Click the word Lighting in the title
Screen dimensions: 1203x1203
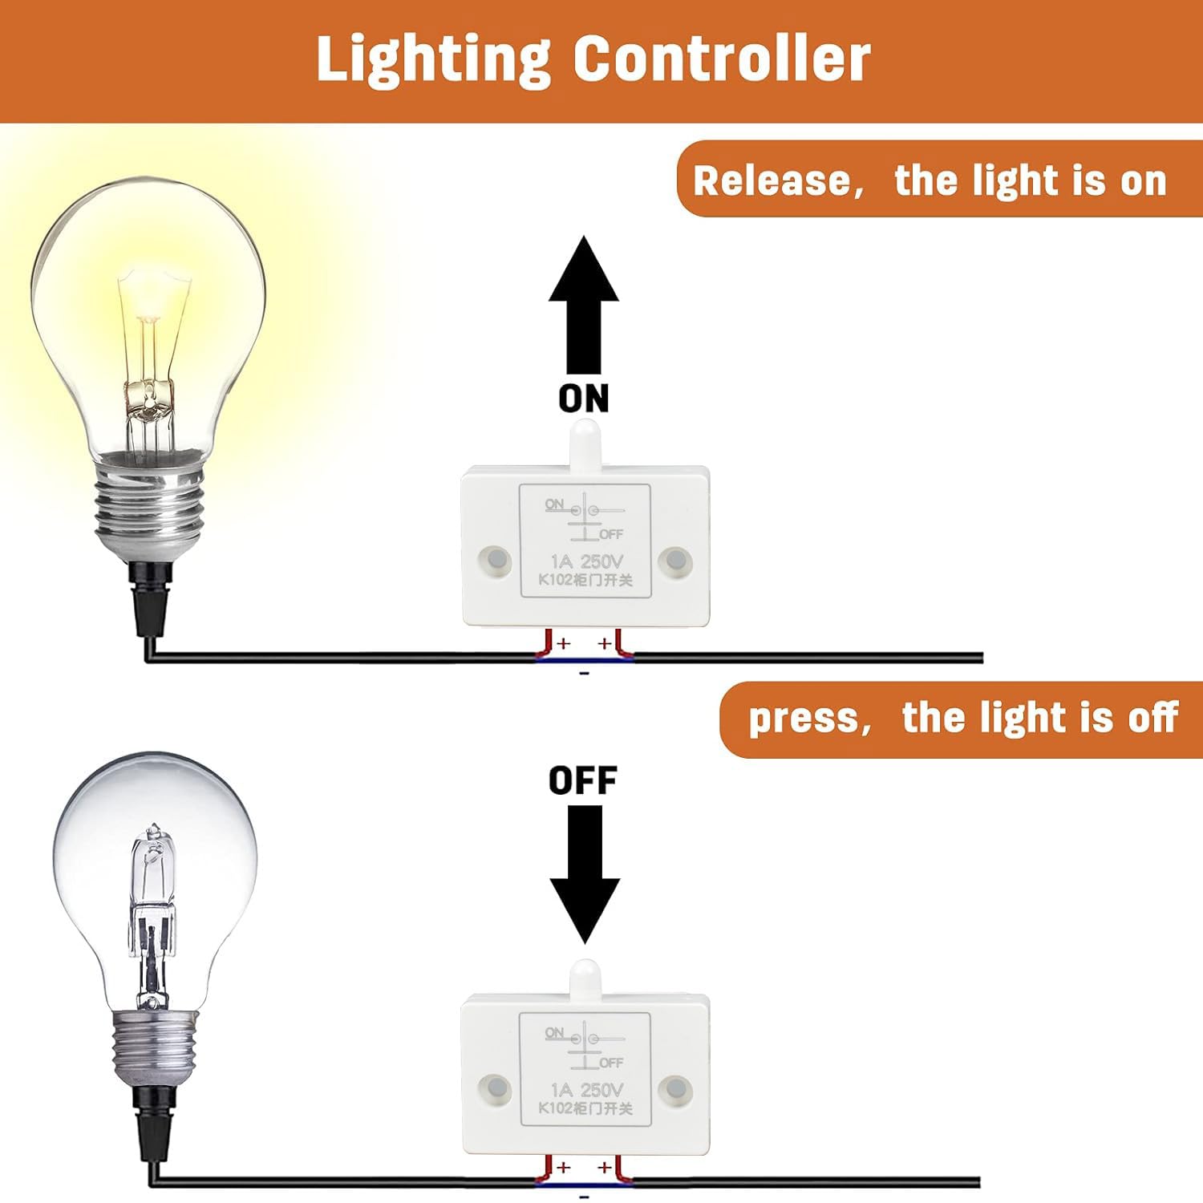click(x=433, y=60)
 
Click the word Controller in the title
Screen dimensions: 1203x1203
click(x=721, y=59)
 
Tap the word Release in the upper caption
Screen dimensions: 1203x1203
click(x=772, y=180)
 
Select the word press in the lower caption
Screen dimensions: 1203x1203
click(x=802, y=718)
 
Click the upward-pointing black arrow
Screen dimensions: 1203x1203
click(x=584, y=305)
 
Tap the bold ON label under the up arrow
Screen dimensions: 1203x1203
click(x=584, y=399)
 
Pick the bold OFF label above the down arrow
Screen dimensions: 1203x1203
click(x=583, y=780)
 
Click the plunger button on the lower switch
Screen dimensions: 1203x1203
click(x=585, y=977)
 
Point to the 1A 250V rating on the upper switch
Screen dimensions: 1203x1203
click(x=585, y=561)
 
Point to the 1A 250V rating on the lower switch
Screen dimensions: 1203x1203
click(x=585, y=1090)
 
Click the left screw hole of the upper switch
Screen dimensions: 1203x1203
click(x=496, y=559)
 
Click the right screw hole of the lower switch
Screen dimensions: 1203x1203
click(x=674, y=1090)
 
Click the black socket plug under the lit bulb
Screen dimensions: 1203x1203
click(x=152, y=597)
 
